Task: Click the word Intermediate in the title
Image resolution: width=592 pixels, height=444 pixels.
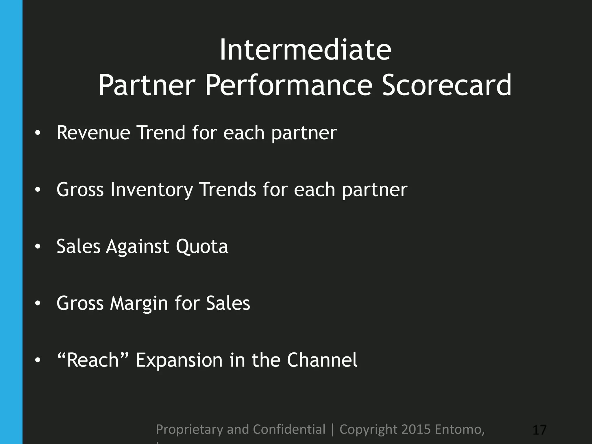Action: click(x=305, y=50)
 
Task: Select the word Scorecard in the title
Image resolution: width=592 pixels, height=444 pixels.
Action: click(x=447, y=85)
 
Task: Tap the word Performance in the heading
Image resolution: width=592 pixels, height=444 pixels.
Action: click(x=288, y=85)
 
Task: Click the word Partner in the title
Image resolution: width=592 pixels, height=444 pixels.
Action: click(x=147, y=85)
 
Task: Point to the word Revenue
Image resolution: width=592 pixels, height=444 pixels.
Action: click(x=93, y=133)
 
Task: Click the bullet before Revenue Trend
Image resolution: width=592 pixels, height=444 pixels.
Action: click(x=38, y=133)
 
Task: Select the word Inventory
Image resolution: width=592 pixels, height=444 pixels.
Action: click(x=151, y=190)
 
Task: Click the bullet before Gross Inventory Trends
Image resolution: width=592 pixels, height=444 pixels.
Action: click(x=38, y=190)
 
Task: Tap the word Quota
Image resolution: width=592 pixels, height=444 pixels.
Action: click(x=202, y=247)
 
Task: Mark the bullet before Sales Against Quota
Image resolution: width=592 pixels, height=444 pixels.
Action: click(x=38, y=247)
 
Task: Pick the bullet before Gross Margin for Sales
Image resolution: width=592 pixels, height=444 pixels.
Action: click(x=38, y=303)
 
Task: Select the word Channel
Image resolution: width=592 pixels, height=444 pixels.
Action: click(x=322, y=360)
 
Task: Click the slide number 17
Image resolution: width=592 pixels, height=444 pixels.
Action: click(x=539, y=430)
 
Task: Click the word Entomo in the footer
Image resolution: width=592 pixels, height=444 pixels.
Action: click(x=459, y=429)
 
